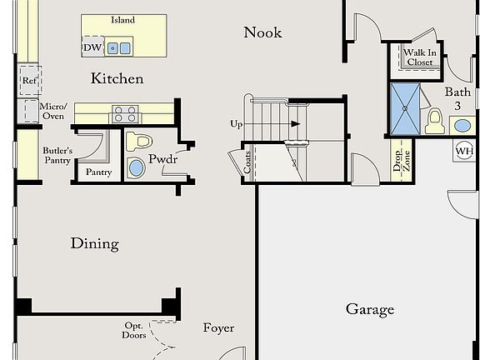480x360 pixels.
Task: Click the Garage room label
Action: (370, 309)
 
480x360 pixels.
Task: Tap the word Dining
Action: (94, 244)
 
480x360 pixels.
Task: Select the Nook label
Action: (262, 32)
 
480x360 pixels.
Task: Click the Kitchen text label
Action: (117, 79)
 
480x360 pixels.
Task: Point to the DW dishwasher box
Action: (92, 47)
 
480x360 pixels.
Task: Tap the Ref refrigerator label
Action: (29, 82)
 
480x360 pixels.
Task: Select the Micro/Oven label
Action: (52, 111)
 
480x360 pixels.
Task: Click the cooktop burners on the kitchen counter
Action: (125, 113)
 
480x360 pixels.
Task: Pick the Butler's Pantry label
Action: (57, 155)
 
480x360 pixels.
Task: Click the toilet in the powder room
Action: (138, 141)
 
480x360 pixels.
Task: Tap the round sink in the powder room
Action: (137, 168)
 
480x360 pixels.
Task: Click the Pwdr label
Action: (162, 158)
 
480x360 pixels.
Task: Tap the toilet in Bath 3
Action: (433, 122)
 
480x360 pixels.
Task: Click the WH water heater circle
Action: (463, 151)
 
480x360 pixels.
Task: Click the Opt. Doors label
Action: (135, 330)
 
